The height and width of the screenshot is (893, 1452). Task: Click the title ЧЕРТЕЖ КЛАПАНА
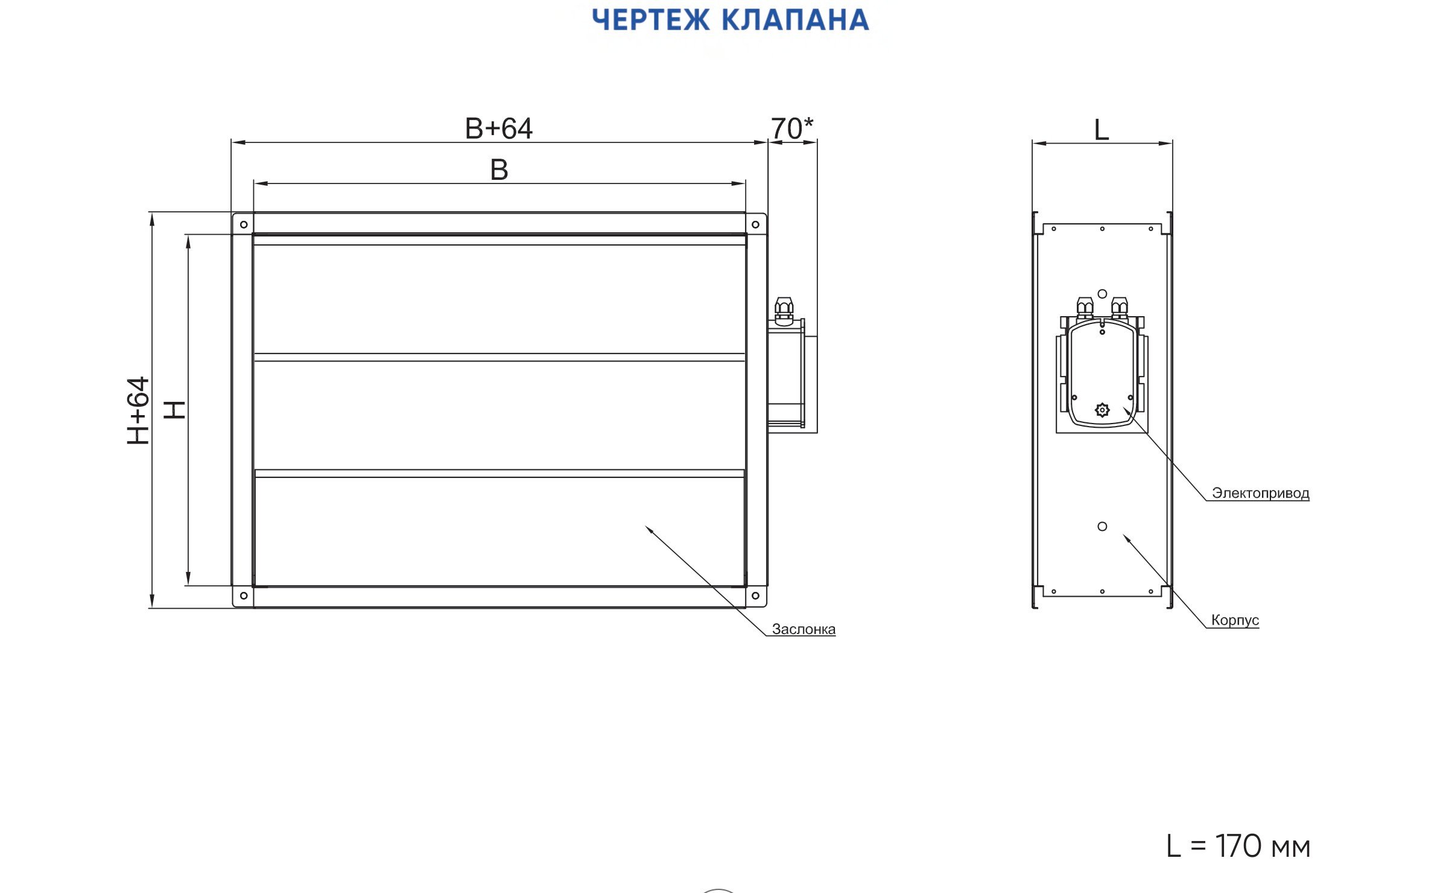pyautogui.click(x=730, y=20)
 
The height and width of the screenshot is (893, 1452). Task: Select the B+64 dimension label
pyautogui.click(x=499, y=129)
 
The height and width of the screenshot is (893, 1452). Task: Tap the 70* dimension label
pyautogui.click(x=792, y=128)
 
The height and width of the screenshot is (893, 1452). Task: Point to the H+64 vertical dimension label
pyautogui.click(x=138, y=411)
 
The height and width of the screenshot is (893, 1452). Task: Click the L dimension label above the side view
pyautogui.click(x=1102, y=130)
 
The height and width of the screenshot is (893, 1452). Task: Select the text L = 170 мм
pyautogui.click(x=1238, y=846)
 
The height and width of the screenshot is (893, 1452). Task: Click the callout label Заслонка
pyautogui.click(x=804, y=629)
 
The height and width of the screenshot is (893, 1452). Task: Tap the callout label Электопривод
pyautogui.click(x=1261, y=493)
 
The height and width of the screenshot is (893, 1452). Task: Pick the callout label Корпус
pyautogui.click(x=1235, y=620)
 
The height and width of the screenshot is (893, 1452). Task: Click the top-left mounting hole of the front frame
pyautogui.click(x=244, y=224)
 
